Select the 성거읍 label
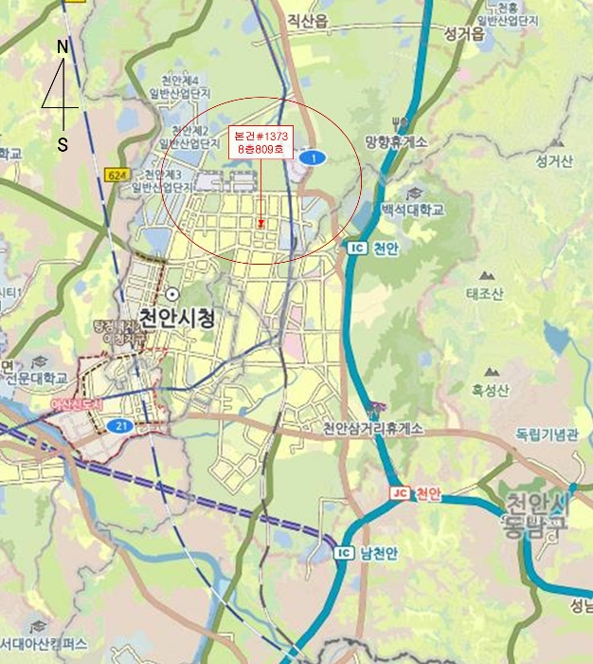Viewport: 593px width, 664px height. [463, 34]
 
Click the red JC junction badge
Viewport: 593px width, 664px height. [399, 494]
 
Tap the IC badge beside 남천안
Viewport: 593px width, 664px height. [344, 552]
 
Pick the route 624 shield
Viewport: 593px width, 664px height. [117, 175]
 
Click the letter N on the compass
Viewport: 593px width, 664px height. [63, 46]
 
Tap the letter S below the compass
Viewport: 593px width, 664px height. [63, 144]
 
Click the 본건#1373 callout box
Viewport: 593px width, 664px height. [261, 143]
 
